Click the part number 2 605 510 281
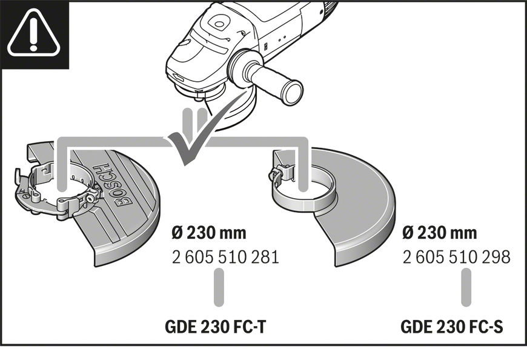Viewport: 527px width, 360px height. [225, 257]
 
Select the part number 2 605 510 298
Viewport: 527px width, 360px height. [456, 257]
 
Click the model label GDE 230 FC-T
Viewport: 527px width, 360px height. [216, 327]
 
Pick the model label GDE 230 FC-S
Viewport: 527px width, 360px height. [452, 327]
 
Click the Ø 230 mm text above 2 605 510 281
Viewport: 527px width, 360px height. [209, 233]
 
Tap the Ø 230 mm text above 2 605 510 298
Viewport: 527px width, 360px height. [440, 233]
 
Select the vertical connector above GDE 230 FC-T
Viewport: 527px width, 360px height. [219, 287]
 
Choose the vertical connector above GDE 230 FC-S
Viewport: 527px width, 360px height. [466, 287]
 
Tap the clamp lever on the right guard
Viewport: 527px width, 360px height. [276, 173]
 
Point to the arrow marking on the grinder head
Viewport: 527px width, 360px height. [177, 78]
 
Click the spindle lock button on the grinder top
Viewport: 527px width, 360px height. [218, 24]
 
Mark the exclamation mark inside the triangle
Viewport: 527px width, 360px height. [33, 33]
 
